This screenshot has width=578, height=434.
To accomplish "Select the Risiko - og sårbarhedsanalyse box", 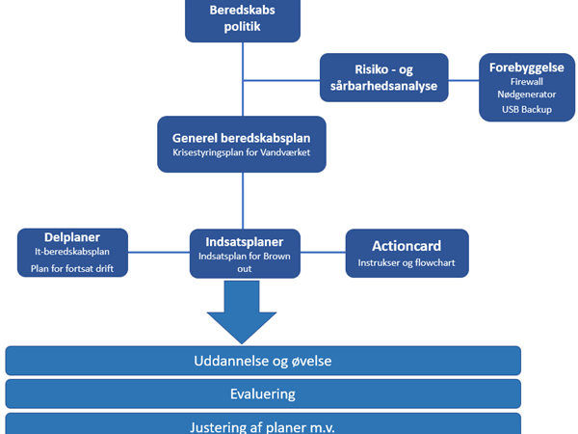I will pos(384,77).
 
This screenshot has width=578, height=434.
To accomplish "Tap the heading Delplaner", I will pos(72,236).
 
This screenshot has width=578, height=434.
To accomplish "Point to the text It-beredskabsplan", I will pos(72,252).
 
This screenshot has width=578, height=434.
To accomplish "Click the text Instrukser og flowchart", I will pos(407,262).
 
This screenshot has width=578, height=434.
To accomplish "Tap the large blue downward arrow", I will pos(241,313).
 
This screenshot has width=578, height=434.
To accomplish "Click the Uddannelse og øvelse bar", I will pos(263,362).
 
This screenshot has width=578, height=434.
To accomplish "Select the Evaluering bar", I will pos(263,393).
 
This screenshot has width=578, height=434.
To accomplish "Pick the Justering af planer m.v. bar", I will pos(263,423).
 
